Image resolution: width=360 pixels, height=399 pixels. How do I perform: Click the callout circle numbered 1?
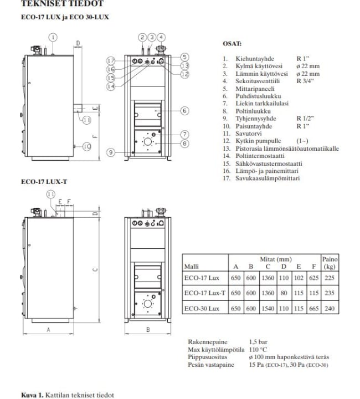pos(53,38)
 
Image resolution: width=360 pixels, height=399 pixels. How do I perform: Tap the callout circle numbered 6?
pos(185,111)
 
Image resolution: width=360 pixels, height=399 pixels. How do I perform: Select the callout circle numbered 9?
pos(111,152)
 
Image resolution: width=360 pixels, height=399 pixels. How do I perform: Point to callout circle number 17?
pos(111,61)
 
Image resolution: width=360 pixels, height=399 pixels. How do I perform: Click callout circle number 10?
pos(87,146)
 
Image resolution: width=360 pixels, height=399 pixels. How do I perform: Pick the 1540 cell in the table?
pos(268,309)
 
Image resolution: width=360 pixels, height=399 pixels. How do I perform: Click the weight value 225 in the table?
pos(330,278)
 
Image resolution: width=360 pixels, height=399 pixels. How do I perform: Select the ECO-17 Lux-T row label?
pos(205,293)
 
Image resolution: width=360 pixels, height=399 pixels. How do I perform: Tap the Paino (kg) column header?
pos(330,263)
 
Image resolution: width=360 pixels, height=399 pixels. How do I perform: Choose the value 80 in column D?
pos(284,293)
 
